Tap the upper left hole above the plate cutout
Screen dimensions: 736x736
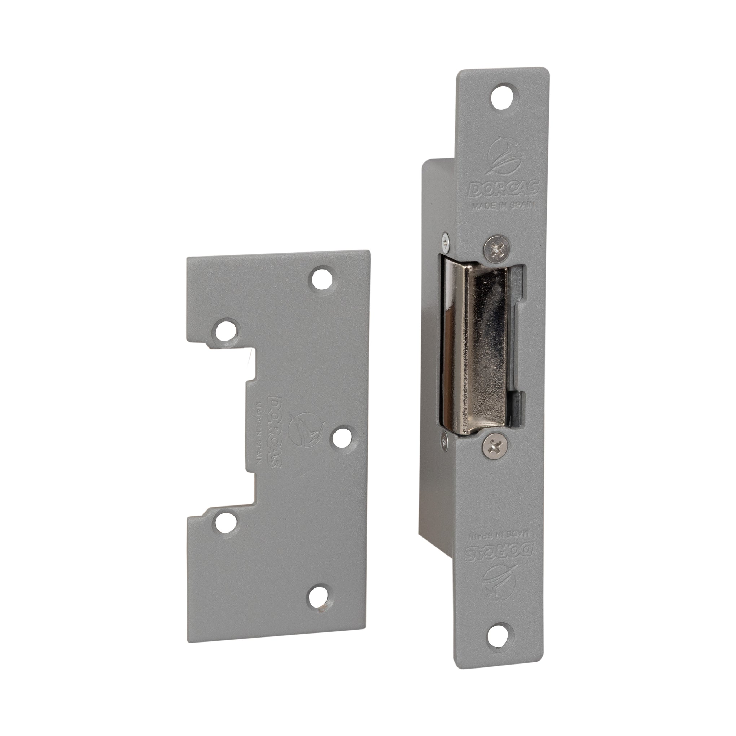tap(226, 330)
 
